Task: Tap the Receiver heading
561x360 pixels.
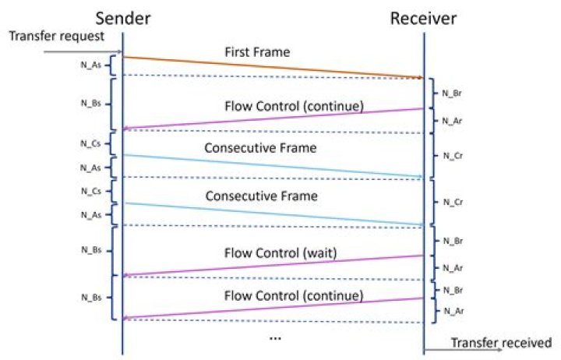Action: point(424,17)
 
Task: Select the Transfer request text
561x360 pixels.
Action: point(44,36)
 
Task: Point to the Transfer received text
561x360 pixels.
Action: point(500,342)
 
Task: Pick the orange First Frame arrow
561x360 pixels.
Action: point(273,68)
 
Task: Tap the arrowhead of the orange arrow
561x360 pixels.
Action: point(419,77)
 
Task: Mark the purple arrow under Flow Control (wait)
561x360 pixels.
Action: point(273,265)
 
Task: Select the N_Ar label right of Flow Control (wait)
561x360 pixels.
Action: point(453,268)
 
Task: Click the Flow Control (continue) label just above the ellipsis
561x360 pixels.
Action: point(294,296)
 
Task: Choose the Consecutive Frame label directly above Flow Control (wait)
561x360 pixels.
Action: point(261,196)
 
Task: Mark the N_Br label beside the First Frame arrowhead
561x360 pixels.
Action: point(453,92)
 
